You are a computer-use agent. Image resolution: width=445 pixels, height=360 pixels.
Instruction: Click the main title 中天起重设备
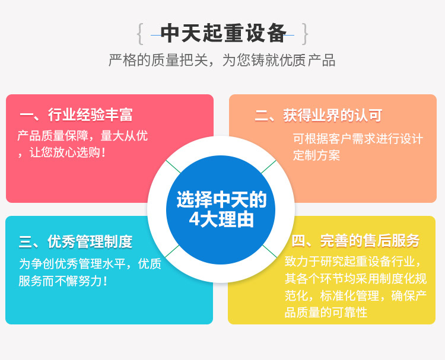coord(223,33)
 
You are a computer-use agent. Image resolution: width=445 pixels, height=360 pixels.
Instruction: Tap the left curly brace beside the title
coord(139,34)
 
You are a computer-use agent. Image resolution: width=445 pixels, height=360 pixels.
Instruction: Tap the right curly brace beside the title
coord(304,34)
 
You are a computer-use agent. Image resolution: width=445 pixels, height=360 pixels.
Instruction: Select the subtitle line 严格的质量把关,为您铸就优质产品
coord(222,60)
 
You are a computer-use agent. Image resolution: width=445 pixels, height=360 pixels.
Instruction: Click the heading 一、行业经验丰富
coord(76,115)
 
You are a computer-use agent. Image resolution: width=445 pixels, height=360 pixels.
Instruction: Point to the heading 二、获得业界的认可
coord(319,116)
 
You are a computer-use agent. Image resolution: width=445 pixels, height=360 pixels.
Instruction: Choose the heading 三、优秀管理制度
coord(75,242)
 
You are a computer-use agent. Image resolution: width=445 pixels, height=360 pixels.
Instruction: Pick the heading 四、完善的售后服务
coord(355,241)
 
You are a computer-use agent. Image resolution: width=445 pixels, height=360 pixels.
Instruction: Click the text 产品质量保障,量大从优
coord(82,136)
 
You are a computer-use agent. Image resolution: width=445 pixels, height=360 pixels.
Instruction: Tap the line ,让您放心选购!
coord(62,152)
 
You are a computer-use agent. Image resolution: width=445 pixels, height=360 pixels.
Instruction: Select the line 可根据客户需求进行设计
coord(358,139)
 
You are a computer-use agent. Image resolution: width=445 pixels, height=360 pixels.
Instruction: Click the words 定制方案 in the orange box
coord(316,155)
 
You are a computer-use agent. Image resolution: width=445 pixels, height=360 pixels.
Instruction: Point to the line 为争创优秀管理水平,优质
coord(90,263)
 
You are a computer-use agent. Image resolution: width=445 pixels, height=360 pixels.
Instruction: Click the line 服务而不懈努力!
coord(63,281)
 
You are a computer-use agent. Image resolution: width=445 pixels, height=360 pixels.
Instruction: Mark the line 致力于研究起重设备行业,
coord(353,262)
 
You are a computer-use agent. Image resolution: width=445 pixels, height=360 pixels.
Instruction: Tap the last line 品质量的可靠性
coord(326,313)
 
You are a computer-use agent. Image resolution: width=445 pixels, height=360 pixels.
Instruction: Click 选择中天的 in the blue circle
coord(222,199)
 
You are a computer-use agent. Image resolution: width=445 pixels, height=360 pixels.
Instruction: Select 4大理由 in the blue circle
coord(221,219)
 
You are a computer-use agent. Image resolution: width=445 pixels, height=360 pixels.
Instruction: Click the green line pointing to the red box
coord(173,167)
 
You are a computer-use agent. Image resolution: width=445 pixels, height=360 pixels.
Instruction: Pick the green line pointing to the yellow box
coord(269,251)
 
